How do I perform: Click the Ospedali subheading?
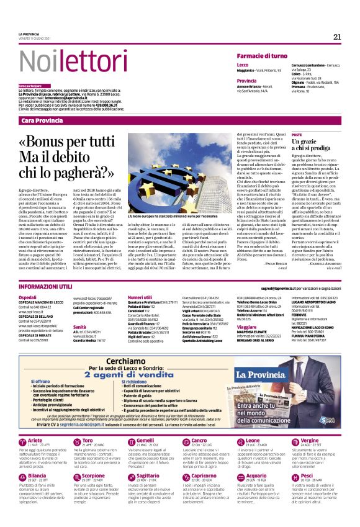click(x=27, y=298)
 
